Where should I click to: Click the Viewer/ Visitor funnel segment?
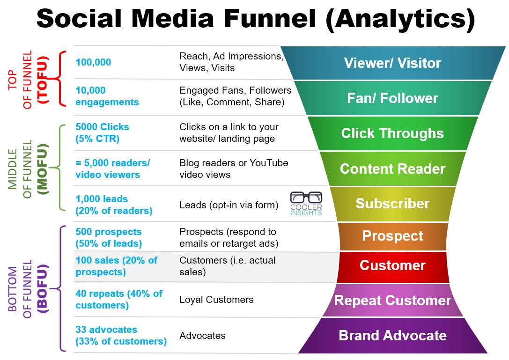click(393, 63)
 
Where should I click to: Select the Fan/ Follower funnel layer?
click(393, 98)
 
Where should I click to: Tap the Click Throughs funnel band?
click(393, 133)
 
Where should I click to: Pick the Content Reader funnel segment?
click(393, 169)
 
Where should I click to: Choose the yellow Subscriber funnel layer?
click(393, 204)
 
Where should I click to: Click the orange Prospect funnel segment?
click(393, 236)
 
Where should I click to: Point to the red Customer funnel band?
click(393, 266)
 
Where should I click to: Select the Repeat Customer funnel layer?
click(393, 300)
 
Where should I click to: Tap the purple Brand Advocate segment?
click(393, 336)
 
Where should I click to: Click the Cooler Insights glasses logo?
click(306, 204)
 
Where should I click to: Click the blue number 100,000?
click(94, 62)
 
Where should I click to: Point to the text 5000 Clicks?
click(102, 126)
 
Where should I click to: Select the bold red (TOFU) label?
click(43, 80)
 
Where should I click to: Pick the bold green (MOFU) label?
click(43, 169)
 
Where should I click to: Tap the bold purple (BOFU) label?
click(43, 288)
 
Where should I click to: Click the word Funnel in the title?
click(270, 18)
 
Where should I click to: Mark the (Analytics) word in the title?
click(400, 19)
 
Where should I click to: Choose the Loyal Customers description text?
click(216, 300)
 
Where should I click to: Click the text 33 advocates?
click(106, 330)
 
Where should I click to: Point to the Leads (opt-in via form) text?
click(229, 205)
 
